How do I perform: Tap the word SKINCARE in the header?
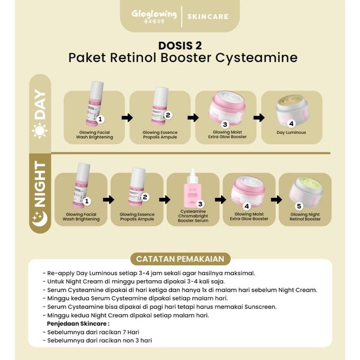pos(208,16)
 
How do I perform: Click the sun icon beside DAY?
pos(39,130)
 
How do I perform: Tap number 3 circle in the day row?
pos(225,124)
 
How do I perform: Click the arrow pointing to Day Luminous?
pos(259,118)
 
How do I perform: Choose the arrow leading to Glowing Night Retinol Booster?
pos(275,199)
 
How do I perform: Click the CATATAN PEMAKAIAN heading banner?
pos(180,258)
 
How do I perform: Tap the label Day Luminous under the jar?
pos(291,132)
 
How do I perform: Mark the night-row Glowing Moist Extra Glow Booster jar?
pos(249,191)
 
